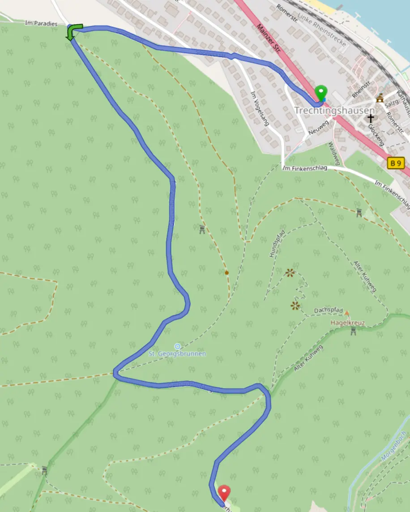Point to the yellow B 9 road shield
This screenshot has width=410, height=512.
pos(396,163)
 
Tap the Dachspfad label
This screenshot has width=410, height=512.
pos(328,310)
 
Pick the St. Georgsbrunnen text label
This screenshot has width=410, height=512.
pos(177,354)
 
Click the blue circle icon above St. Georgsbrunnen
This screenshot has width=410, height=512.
pos(177,346)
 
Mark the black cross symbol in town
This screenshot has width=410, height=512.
pos(371,118)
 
